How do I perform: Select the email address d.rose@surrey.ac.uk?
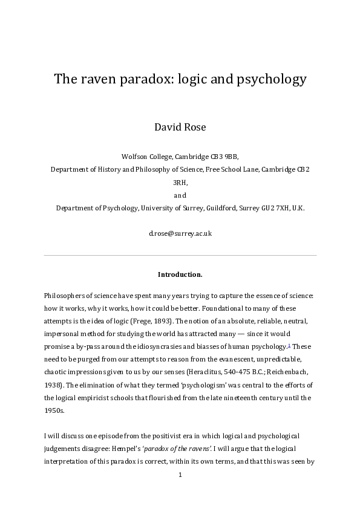click(x=180, y=233)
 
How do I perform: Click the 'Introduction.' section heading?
click(x=180, y=274)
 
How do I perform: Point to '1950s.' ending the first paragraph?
click(x=53, y=411)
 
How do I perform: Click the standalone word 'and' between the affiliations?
click(x=180, y=195)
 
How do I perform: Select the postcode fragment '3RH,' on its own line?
click(x=180, y=182)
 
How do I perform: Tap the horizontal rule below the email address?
click(x=180, y=255)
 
